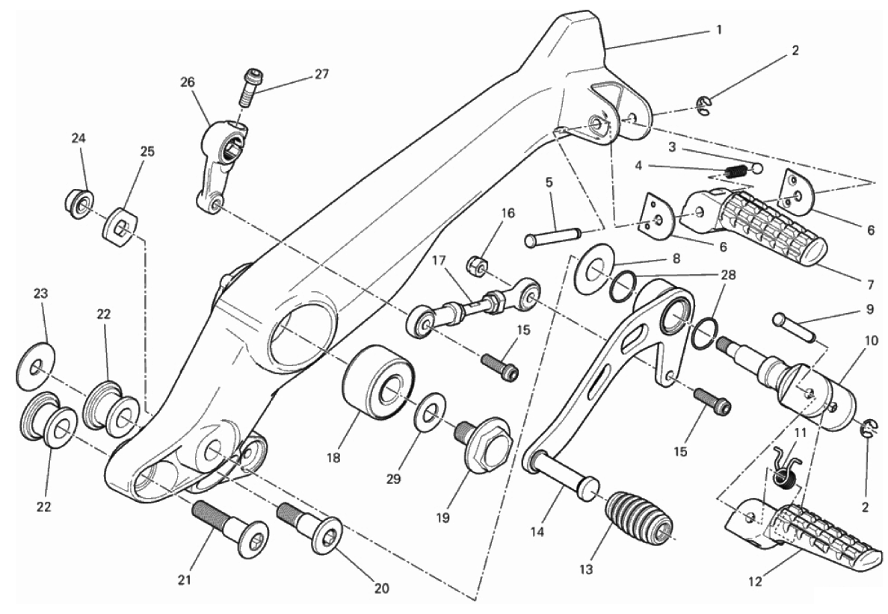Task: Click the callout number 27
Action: (321, 75)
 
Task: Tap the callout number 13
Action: (586, 569)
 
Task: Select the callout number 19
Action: (443, 517)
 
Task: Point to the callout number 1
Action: (719, 29)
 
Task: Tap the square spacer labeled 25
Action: (120, 229)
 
